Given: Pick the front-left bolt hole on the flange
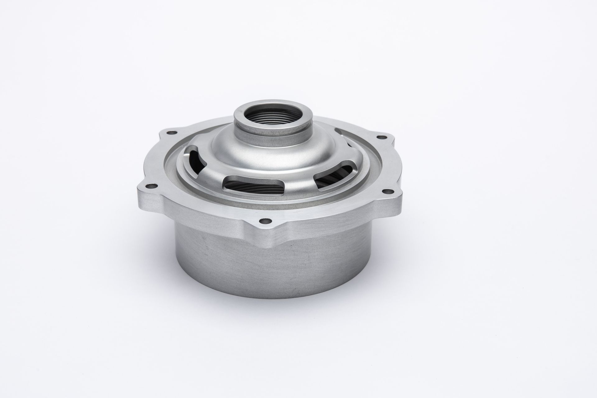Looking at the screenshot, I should (x=152, y=187).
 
